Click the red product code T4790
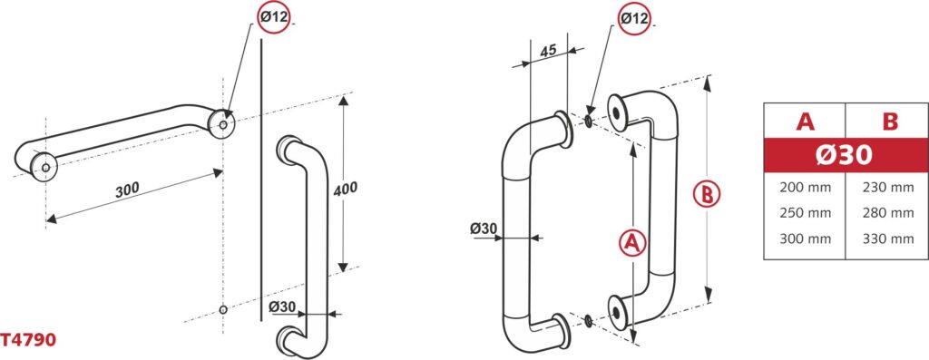tap(28, 340)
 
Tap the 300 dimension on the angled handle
tap(127, 189)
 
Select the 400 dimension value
tap(346, 189)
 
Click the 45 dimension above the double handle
tap(548, 51)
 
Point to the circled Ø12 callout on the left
tap(274, 17)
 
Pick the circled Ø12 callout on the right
tap(634, 18)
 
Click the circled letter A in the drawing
tap(632, 243)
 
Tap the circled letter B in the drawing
tap(707, 194)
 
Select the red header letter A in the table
tap(805, 122)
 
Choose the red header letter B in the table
tap(890, 122)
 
